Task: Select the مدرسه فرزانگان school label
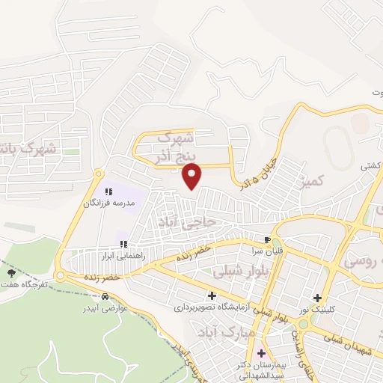click(108, 203)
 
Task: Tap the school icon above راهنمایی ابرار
click(123, 244)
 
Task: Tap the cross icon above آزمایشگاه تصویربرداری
click(212, 295)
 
